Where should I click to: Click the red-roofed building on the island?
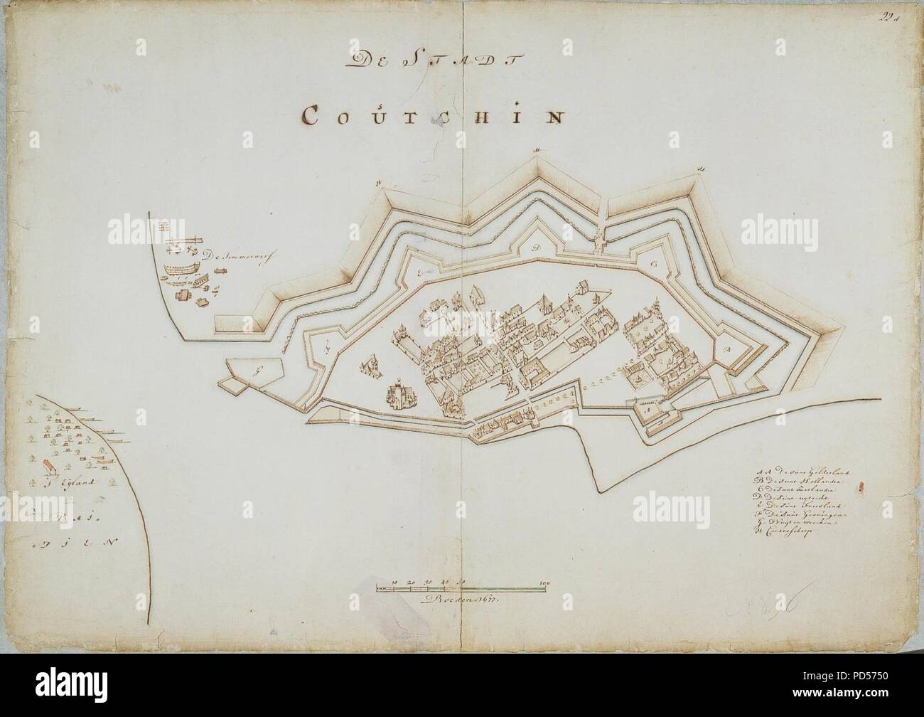click(49, 466)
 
